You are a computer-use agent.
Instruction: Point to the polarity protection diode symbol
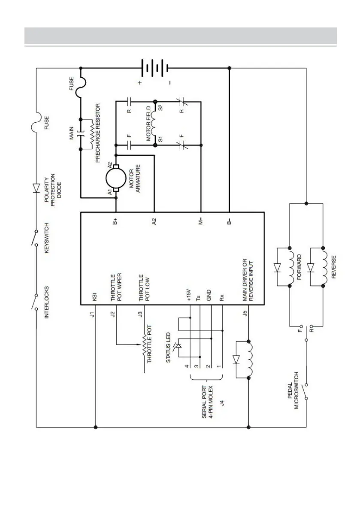pyautogui.click(x=36, y=187)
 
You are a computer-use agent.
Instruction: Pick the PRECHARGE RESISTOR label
pyautogui.click(x=98, y=133)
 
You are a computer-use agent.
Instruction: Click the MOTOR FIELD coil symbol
pyautogui.click(x=155, y=124)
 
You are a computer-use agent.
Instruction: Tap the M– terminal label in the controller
pyautogui.click(x=200, y=222)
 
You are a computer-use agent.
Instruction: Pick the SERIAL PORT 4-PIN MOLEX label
pyautogui.click(x=208, y=401)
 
